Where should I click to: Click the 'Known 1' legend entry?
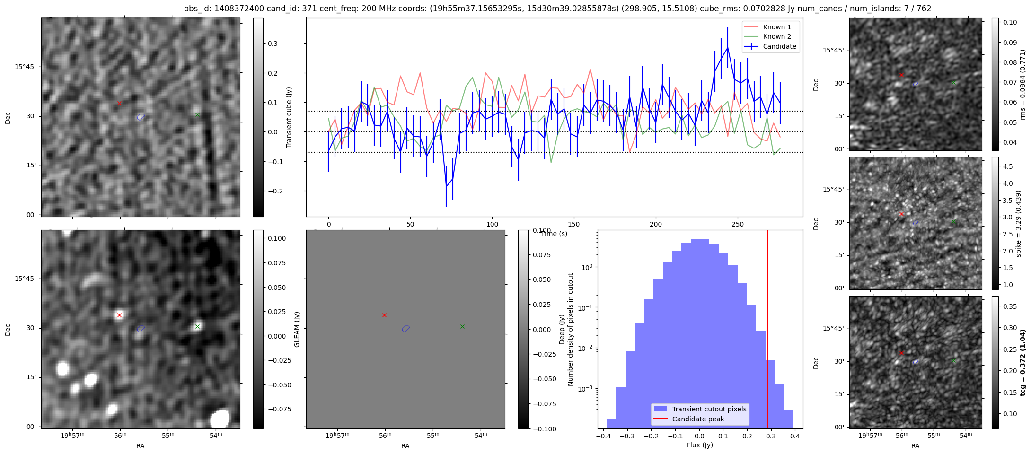[776, 27]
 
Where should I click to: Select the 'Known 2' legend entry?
[776, 36]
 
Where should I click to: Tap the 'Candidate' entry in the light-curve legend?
[779, 46]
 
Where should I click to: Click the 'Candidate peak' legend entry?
[698, 419]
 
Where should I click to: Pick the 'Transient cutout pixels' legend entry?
[709, 409]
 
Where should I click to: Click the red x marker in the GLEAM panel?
[384, 315]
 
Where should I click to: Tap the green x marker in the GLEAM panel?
[462, 326]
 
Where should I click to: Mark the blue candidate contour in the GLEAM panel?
[406, 329]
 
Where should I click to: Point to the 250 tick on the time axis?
[738, 224]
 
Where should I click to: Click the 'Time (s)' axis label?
[554, 234]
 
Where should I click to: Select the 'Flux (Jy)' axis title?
[699, 445]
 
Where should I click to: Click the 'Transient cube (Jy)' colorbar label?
[289, 117]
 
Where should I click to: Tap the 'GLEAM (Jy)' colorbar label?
[297, 329]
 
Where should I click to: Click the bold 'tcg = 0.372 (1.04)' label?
[1022, 362]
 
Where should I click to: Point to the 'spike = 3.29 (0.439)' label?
[1019, 223]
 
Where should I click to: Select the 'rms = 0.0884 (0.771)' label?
[1022, 84]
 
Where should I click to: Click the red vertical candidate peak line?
[767, 331]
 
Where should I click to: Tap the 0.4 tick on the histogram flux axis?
[795, 436]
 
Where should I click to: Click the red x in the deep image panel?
[119, 315]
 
